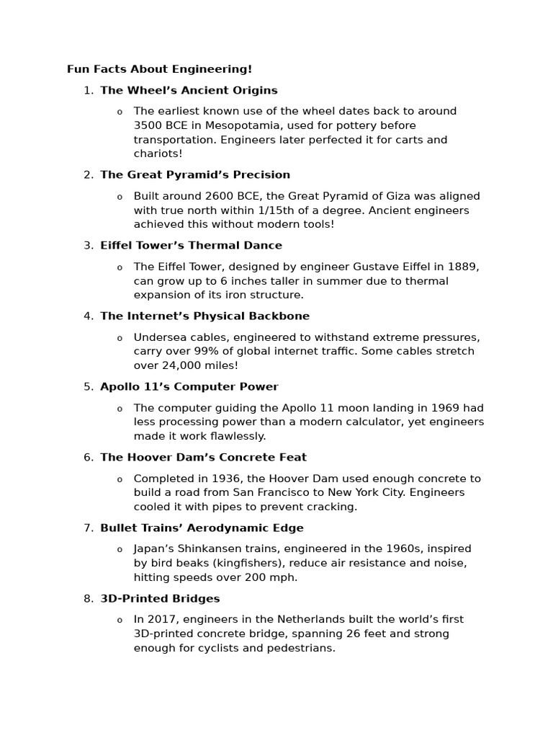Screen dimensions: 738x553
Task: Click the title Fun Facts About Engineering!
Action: coord(160,69)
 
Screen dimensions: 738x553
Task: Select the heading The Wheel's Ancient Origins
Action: coord(189,90)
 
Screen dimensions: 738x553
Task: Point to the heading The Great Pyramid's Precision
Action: coord(195,174)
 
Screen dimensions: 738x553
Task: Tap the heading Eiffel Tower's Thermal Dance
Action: coord(191,245)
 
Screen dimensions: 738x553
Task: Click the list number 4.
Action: coord(88,316)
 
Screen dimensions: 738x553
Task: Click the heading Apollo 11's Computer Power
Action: coord(189,386)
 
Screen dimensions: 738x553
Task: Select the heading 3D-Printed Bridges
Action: coord(160,598)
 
